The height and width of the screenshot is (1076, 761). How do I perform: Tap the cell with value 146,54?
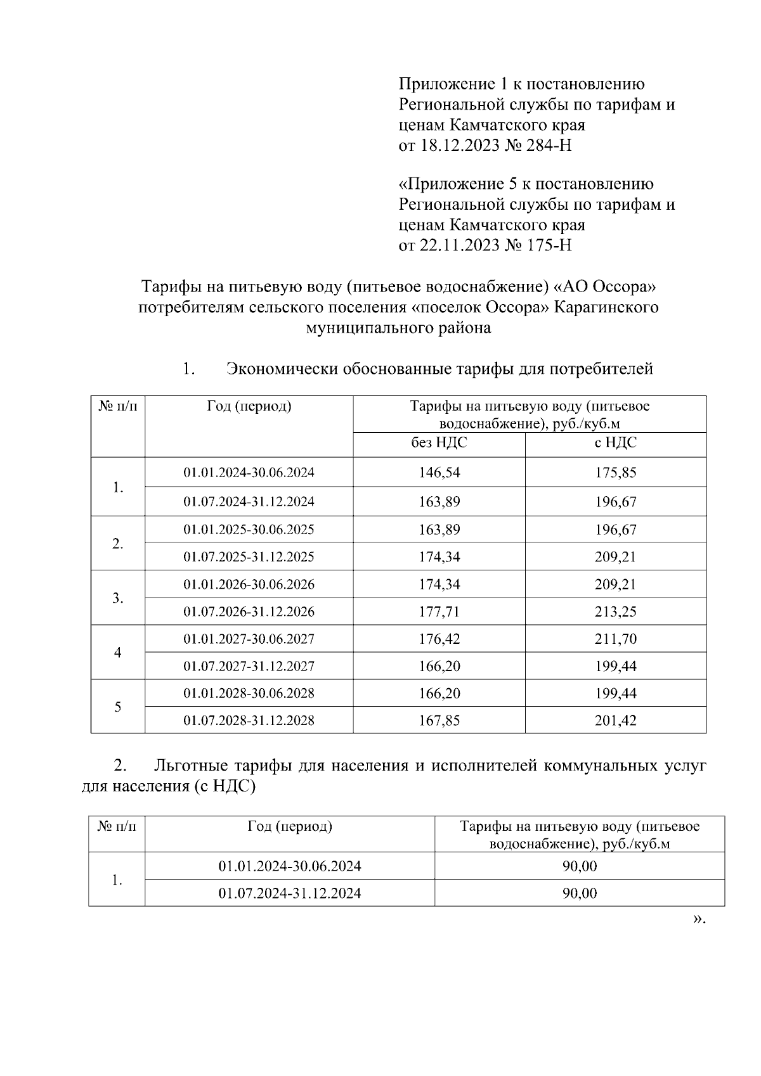[439, 473]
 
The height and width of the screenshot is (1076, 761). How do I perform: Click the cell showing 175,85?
[615, 473]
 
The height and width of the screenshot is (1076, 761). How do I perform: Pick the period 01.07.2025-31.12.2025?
[249, 557]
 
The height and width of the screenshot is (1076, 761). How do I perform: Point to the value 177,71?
[439, 612]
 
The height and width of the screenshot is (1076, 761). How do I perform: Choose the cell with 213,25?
[615, 612]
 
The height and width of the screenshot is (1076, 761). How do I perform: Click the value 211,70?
[615, 639]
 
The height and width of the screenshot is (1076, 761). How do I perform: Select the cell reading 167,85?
[439, 721]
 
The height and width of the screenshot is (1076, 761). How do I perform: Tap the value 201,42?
[615, 721]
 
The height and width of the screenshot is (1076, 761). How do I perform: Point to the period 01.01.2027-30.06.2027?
[249, 639]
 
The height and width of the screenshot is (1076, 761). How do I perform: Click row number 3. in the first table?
[117, 599]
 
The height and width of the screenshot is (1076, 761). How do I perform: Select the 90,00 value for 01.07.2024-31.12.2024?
[579, 893]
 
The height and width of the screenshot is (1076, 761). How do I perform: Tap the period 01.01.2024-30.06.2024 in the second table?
[290, 866]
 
